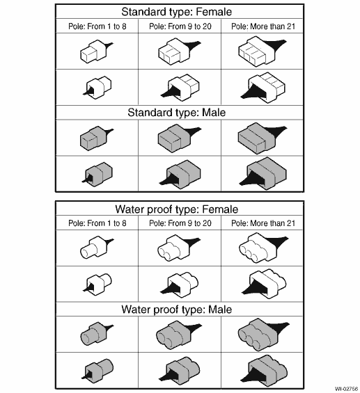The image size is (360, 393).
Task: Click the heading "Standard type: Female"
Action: click(x=177, y=12)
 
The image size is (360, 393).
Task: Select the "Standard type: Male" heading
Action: click(x=177, y=113)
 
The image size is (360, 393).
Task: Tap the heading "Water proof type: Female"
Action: click(x=177, y=209)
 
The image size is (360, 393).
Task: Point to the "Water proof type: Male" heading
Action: click(x=177, y=310)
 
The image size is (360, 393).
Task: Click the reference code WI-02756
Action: click(x=347, y=389)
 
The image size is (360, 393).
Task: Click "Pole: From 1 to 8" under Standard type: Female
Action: click(x=97, y=26)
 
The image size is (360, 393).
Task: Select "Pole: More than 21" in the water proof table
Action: click(x=263, y=223)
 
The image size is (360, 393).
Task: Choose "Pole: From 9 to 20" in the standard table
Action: click(x=180, y=26)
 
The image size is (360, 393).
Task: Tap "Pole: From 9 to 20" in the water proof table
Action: click(x=180, y=223)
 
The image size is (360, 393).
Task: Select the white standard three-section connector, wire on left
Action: click(x=263, y=88)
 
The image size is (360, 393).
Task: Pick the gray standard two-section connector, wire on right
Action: click(x=178, y=138)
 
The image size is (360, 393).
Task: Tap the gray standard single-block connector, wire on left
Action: click(x=98, y=174)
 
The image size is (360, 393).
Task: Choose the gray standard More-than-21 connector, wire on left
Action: click(x=263, y=174)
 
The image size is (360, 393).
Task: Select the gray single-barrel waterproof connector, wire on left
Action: click(x=98, y=371)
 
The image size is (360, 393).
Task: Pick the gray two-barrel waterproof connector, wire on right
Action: click(x=178, y=335)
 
